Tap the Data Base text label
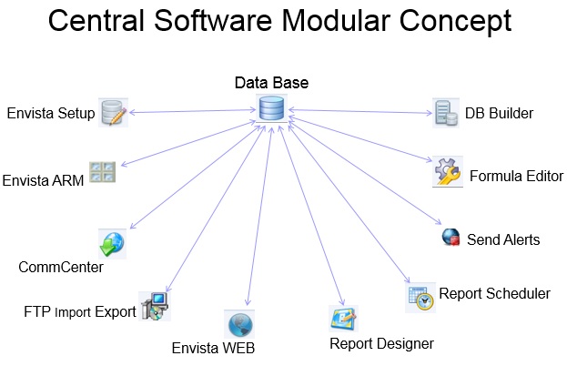[x=271, y=83]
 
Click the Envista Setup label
[x=49, y=114]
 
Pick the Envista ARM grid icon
[x=102, y=173]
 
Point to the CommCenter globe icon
[x=112, y=243]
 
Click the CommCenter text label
[x=60, y=268]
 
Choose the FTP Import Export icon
[x=154, y=307]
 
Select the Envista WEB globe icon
[x=239, y=324]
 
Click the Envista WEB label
[x=214, y=348]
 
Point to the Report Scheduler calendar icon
[x=420, y=297]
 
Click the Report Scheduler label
[x=494, y=294]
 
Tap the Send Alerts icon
[x=450, y=238]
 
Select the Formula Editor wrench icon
[x=447, y=171]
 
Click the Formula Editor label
[x=516, y=176]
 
